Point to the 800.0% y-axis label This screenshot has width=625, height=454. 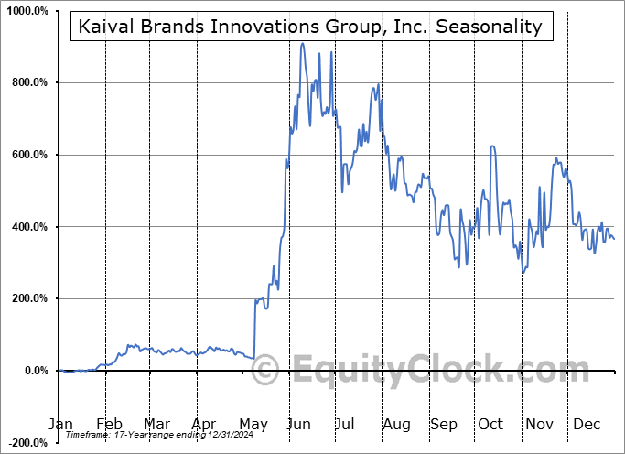point(29,82)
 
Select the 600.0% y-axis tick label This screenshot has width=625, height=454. point(29,155)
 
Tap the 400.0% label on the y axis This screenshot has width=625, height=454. point(29,227)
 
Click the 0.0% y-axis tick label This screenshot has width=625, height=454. point(35,371)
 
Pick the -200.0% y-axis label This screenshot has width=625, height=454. point(27,443)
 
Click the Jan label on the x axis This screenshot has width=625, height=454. point(60,424)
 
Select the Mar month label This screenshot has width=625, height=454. point(156,424)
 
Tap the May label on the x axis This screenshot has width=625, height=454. point(253,424)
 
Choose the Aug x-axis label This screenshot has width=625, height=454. point(396,424)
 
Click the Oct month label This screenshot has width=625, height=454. point(491,424)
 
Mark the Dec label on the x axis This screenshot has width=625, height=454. point(587,424)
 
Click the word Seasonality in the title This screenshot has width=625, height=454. point(498,27)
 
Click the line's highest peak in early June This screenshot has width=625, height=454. point(302,43)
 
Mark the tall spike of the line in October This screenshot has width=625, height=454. point(492,146)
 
